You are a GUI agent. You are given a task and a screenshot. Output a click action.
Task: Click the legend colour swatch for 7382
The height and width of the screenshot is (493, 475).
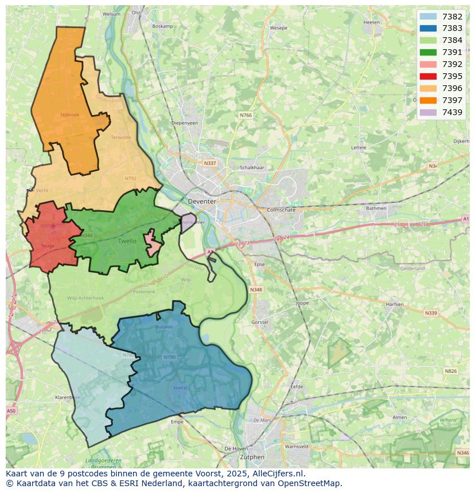[428, 17]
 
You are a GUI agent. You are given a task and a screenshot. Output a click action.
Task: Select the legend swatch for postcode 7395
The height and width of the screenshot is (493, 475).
[428, 76]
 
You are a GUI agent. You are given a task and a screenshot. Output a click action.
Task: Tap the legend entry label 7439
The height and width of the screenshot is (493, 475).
[452, 112]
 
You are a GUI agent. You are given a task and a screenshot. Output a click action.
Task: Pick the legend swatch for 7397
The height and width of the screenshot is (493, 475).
[428, 100]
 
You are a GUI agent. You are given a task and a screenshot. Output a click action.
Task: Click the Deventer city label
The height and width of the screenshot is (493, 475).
[202, 202]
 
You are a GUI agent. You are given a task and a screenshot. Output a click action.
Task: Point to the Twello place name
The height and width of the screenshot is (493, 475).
[127, 241]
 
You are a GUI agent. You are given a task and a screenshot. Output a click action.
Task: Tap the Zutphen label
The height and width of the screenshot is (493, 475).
[252, 457]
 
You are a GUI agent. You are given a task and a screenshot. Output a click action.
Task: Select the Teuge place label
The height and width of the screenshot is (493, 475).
[47, 246]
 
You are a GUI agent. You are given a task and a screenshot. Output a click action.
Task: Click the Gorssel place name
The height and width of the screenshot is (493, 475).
[260, 322]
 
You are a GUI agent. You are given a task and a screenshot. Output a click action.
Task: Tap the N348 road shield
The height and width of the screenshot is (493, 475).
[256, 290]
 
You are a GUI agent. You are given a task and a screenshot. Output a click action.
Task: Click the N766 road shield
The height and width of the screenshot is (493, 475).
[246, 115]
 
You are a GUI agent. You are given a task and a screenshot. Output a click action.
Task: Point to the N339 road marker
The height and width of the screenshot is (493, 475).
[430, 313]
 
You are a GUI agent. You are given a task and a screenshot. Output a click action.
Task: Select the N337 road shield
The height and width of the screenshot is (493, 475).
[210, 163]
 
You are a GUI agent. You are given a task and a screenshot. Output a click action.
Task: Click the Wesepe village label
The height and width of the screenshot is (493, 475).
[278, 27]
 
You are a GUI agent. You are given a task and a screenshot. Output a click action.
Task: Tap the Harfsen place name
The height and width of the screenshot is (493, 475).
[395, 304]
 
